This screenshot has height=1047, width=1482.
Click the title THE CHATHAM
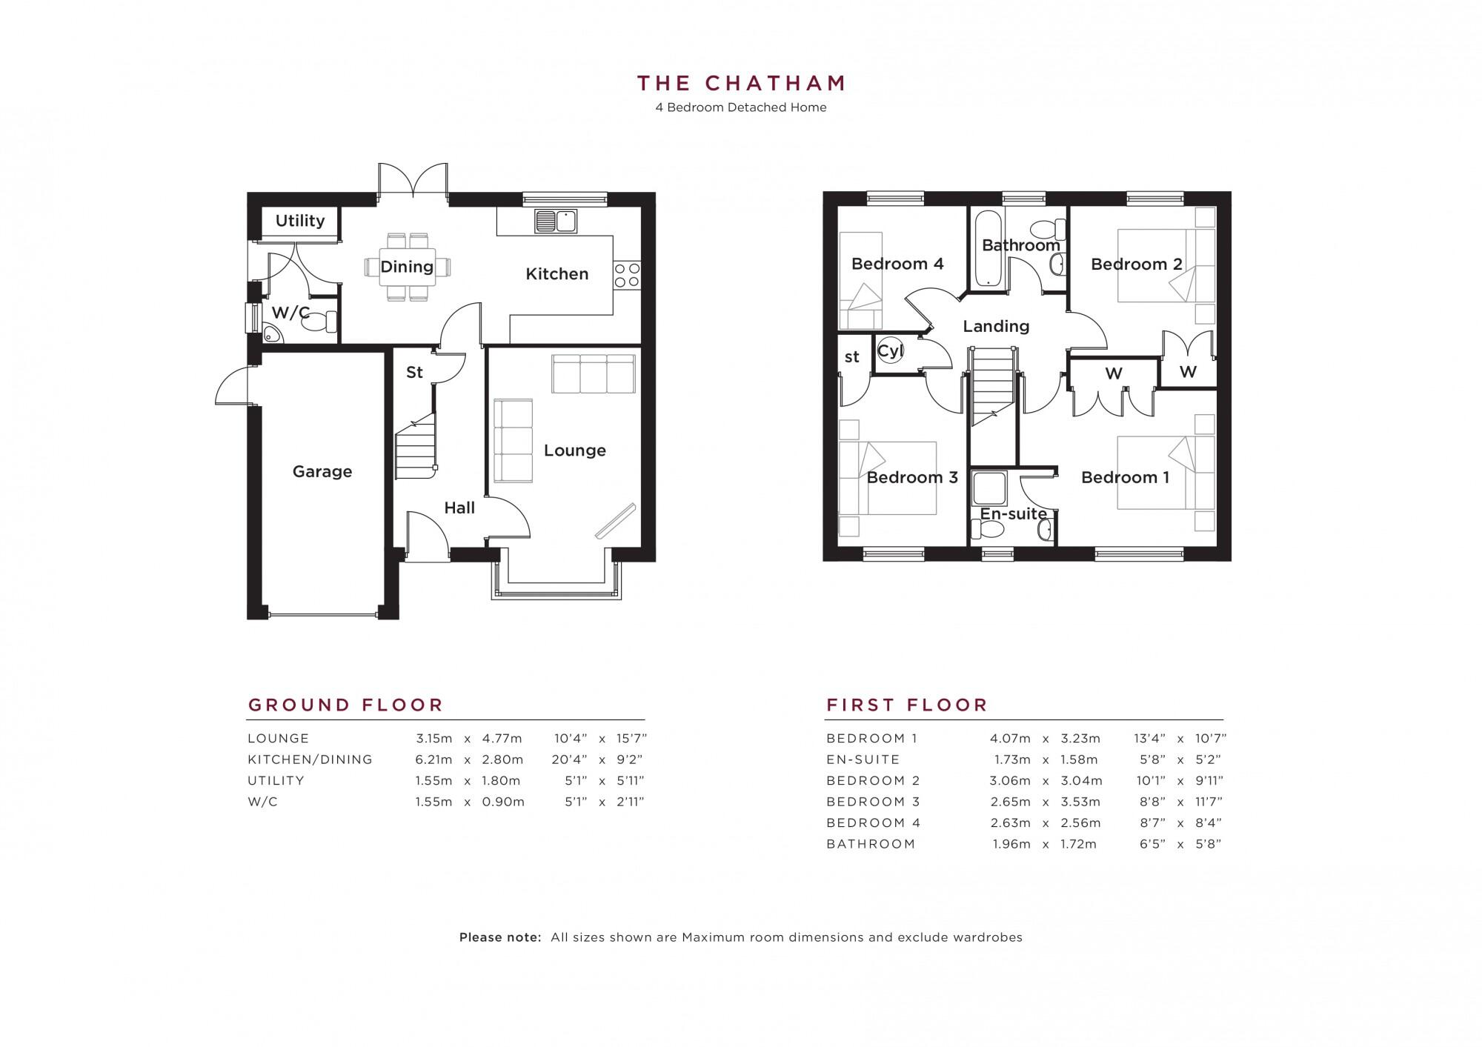(741, 83)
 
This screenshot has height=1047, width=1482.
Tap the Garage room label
(322, 471)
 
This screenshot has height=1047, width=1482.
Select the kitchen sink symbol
(556, 221)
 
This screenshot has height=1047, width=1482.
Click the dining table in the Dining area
(407, 267)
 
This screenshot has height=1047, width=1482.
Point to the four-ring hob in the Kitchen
(627, 275)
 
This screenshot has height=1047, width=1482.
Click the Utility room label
(300, 221)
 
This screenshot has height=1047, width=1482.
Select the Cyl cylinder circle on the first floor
(889, 350)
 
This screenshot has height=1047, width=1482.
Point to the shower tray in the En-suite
(989, 488)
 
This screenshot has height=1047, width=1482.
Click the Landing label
(996, 326)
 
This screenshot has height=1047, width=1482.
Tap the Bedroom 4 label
(897, 264)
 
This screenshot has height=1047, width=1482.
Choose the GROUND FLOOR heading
(345, 705)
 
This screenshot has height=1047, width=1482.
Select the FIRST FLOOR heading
(907, 705)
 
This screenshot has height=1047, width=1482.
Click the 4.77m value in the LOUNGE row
(502, 739)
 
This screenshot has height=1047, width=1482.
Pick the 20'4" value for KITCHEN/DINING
(571, 760)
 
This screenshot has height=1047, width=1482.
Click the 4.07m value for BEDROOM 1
(1009, 739)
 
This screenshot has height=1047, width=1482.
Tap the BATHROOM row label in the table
(871, 844)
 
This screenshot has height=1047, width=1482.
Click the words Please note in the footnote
(500, 937)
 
